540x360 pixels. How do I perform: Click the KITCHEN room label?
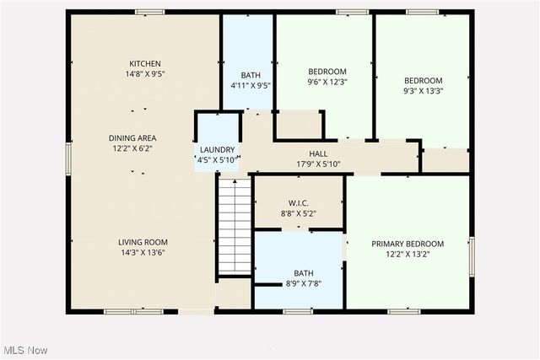(145, 63)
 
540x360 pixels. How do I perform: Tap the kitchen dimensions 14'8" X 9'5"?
(145, 74)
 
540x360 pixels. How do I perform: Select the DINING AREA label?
(132, 137)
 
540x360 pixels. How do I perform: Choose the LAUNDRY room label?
(217, 149)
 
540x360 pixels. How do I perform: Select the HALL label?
(318, 153)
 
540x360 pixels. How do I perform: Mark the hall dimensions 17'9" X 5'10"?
(318, 164)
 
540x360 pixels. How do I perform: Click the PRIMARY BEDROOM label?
(408, 244)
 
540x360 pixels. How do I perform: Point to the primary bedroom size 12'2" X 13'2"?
(408, 255)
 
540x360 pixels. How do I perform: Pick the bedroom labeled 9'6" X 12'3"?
(327, 72)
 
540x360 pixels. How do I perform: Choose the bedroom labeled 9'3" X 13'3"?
(423, 81)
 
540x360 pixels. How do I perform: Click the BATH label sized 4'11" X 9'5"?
(250, 75)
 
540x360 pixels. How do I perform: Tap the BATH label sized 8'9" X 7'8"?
(303, 273)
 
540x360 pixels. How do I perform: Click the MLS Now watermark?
(25, 350)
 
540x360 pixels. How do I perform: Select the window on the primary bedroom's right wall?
(472, 255)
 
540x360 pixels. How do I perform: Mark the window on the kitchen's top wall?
(150, 13)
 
